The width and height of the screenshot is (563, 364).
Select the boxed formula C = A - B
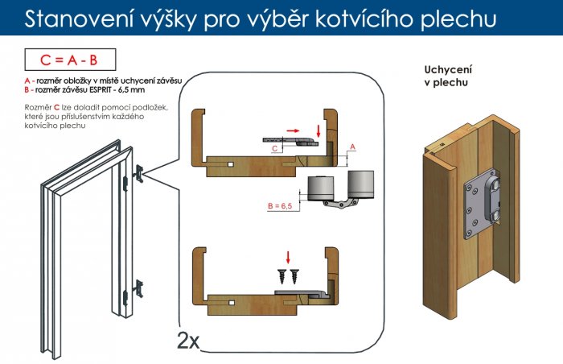pyautogui.click(x=71, y=60)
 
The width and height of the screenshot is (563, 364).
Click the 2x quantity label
pyautogui.click(x=188, y=341)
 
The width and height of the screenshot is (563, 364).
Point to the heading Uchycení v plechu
pyautogui.click(x=448, y=76)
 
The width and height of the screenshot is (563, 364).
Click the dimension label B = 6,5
pyautogui.click(x=280, y=206)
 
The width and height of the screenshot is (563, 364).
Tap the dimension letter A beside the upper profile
pyautogui.click(x=352, y=147)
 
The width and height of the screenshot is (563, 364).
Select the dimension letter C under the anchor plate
pyautogui.click(x=275, y=148)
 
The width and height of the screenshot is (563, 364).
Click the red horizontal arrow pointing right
pyautogui.click(x=293, y=130)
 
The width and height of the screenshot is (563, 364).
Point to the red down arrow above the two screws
pyautogui.click(x=288, y=258)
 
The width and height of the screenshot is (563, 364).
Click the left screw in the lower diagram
pyautogui.click(x=282, y=276)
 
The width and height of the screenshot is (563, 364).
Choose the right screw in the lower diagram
pyautogui.click(x=294, y=276)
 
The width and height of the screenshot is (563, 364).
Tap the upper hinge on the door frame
pyautogui.click(x=138, y=174)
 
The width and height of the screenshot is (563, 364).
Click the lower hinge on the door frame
pyautogui.click(x=138, y=289)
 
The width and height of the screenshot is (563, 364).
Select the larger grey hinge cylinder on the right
pyautogui.click(x=361, y=184)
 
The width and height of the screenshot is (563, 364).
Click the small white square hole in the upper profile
pyautogui.click(x=231, y=165)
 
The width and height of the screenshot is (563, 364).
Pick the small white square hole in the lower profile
pyautogui.click(x=232, y=303)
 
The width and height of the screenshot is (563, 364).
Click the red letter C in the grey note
pyautogui.click(x=56, y=107)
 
